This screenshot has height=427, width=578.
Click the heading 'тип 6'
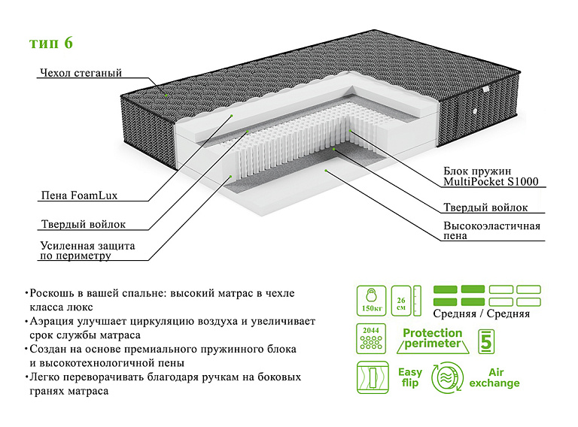(51, 42)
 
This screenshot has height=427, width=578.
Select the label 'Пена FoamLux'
(78, 195)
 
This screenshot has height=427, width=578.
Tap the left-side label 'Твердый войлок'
(82, 224)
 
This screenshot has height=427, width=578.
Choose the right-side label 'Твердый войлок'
(485, 207)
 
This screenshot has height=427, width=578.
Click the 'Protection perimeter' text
(432, 338)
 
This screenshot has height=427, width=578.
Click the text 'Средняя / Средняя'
(482, 313)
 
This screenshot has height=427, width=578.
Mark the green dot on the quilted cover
(166, 95)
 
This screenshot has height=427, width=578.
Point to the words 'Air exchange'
(494, 377)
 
